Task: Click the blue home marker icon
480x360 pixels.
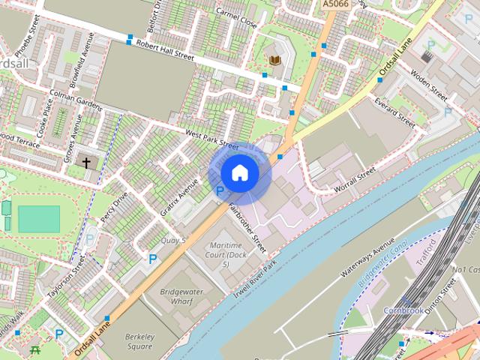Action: [240, 173]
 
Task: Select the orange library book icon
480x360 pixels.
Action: [275, 59]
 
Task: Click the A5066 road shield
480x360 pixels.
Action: [336, 4]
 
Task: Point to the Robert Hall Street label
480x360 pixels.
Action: [164, 50]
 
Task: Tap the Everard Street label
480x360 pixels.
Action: [397, 111]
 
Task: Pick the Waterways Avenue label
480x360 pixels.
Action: [367, 258]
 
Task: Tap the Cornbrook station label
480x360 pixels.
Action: [403, 310]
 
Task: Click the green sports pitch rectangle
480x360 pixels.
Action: [38, 219]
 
